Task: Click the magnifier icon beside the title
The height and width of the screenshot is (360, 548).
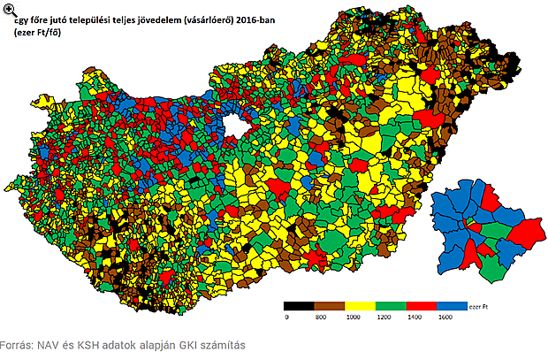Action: (x=8, y=11)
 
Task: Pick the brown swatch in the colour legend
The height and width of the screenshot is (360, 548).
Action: (x=331, y=304)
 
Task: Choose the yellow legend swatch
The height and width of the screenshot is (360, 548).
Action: (x=361, y=304)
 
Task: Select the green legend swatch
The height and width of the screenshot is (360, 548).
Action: (x=392, y=304)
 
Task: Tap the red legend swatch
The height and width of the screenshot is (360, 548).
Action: (x=422, y=304)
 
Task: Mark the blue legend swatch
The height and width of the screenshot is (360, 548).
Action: (x=453, y=304)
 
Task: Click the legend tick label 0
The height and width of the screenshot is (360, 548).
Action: (x=285, y=317)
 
